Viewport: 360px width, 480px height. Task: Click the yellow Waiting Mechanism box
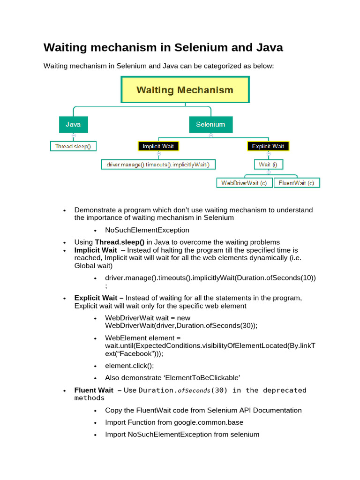[x=185, y=90]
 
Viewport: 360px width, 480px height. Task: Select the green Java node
[x=73, y=125]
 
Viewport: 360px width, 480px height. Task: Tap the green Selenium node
[x=210, y=125]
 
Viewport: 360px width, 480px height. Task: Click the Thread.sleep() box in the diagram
[x=73, y=146]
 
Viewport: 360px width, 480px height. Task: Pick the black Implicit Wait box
[x=158, y=146]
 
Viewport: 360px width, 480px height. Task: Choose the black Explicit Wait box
[x=268, y=146]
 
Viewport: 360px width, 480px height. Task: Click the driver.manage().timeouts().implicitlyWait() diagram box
[x=158, y=164]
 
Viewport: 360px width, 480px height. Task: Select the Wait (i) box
[x=268, y=164]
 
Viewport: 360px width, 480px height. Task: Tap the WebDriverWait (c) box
[x=244, y=183]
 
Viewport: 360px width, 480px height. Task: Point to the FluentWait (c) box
[x=296, y=183]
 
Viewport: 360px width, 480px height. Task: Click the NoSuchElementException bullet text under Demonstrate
[x=147, y=230]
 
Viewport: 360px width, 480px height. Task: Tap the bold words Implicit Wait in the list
[x=96, y=250]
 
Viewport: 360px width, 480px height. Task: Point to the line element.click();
[x=129, y=366]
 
